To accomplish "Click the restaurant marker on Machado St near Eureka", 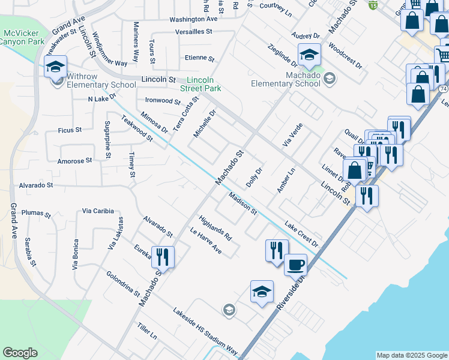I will (163, 257).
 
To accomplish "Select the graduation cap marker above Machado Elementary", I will (309, 55).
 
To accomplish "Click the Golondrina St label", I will (123, 284).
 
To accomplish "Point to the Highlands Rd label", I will (215, 228).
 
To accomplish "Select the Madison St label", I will (243, 203).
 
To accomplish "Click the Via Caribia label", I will (98, 211).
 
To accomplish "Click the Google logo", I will (20, 353).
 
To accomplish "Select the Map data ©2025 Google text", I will (411, 355).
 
